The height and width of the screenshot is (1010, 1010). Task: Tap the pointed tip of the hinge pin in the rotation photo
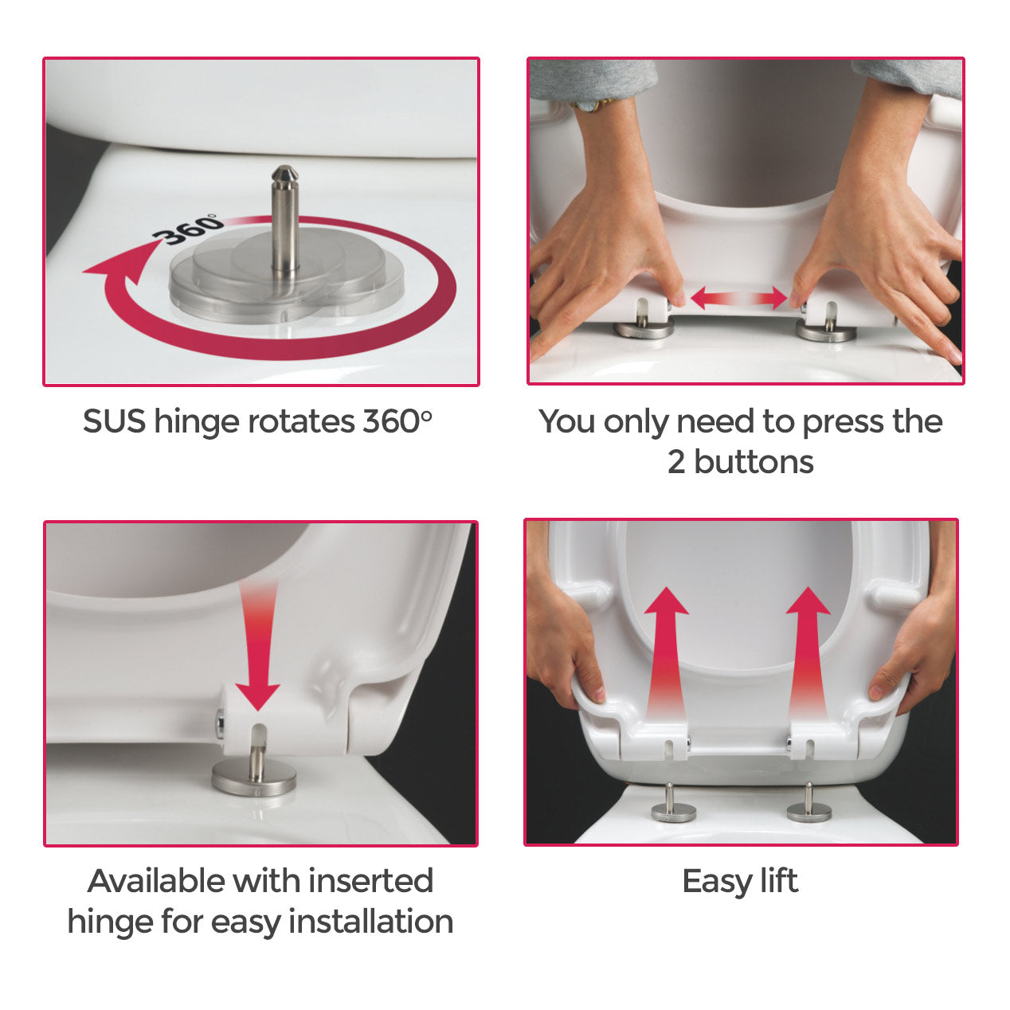(x=284, y=173)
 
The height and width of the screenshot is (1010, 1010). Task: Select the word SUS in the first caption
(x=114, y=421)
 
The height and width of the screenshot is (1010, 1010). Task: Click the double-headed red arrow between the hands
(x=738, y=299)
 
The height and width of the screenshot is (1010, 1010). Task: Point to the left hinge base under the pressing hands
(x=644, y=327)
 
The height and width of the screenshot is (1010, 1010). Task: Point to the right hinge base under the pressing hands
(x=826, y=331)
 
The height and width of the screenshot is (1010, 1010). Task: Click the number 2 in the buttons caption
(x=676, y=462)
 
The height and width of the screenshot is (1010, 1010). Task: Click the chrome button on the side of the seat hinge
(x=220, y=723)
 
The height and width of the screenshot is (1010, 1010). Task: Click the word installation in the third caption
(x=370, y=922)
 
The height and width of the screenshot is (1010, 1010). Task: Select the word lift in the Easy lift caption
(x=778, y=881)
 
